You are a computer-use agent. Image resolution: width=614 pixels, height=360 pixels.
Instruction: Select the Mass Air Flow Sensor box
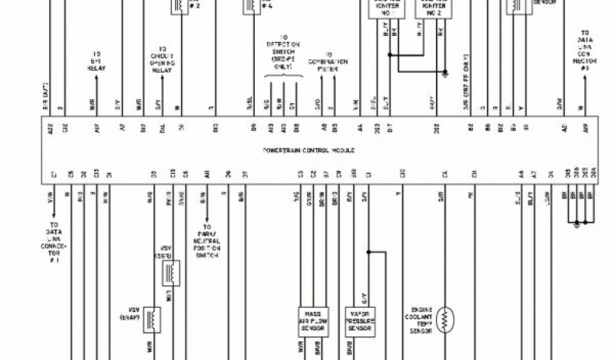tap(313, 322)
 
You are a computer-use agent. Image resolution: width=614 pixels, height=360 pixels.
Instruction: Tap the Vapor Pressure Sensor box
tap(360, 322)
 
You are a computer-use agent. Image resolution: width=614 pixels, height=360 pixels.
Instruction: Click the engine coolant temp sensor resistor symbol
tap(445, 320)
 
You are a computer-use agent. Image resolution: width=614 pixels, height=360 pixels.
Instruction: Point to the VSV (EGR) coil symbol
tap(171, 274)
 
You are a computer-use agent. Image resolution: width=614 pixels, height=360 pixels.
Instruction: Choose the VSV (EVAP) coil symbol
tap(152, 320)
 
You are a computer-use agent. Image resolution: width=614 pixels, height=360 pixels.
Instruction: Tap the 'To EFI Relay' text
tap(96, 61)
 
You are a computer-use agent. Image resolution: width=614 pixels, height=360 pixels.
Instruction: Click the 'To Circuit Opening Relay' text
tap(162, 59)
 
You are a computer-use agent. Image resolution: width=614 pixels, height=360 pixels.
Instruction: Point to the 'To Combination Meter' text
tap(328, 61)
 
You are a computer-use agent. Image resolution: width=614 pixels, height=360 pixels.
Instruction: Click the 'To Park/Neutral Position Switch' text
tap(207, 241)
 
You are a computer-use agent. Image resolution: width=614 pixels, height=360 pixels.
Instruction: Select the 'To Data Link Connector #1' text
tap(55, 244)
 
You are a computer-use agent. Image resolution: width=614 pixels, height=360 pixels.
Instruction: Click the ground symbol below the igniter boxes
tap(445, 74)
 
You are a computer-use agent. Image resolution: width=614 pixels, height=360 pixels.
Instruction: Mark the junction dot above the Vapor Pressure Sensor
tap(368, 252)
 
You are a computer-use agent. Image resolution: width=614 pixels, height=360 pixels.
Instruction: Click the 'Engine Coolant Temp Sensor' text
tap(422, 321)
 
